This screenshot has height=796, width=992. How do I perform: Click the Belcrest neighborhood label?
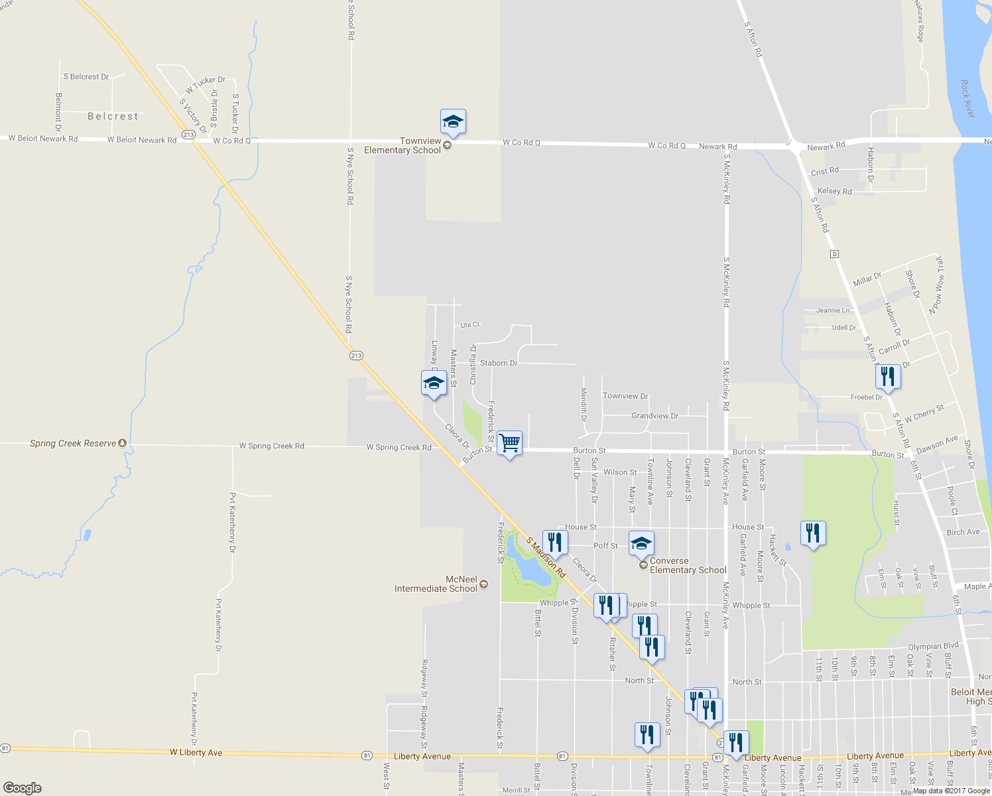coord(113,116)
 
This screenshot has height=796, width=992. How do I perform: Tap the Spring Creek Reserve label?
coord(73,443)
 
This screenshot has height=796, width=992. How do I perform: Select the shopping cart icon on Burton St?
coord(509,442)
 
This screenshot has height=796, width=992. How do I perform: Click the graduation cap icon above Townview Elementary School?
coord(453,122)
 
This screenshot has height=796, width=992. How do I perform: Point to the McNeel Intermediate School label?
coord(436,584)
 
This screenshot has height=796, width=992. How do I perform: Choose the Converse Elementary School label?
coord(688,565)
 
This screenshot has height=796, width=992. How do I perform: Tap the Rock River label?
coord(968,99)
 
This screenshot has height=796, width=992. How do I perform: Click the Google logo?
coord(23,787)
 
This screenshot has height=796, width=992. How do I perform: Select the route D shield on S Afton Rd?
coord(834,254)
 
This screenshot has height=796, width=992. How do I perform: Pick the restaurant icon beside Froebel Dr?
coord(887,377)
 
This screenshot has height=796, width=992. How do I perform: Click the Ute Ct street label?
coord(469,324)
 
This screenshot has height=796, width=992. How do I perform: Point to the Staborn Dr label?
coord(499,363)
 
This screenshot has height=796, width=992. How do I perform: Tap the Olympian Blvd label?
coord(934,646)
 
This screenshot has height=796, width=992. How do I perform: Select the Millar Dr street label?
coord(867,279)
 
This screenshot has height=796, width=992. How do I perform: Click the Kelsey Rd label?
coord(834,191)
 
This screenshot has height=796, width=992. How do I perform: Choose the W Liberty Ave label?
coord(196,752)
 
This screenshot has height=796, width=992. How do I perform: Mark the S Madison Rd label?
coord(546,557)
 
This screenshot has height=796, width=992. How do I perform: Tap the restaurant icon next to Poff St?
coord(554,542)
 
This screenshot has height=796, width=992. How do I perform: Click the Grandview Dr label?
coord(654,416)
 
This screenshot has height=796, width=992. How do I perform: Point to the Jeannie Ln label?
coord(832,310)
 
